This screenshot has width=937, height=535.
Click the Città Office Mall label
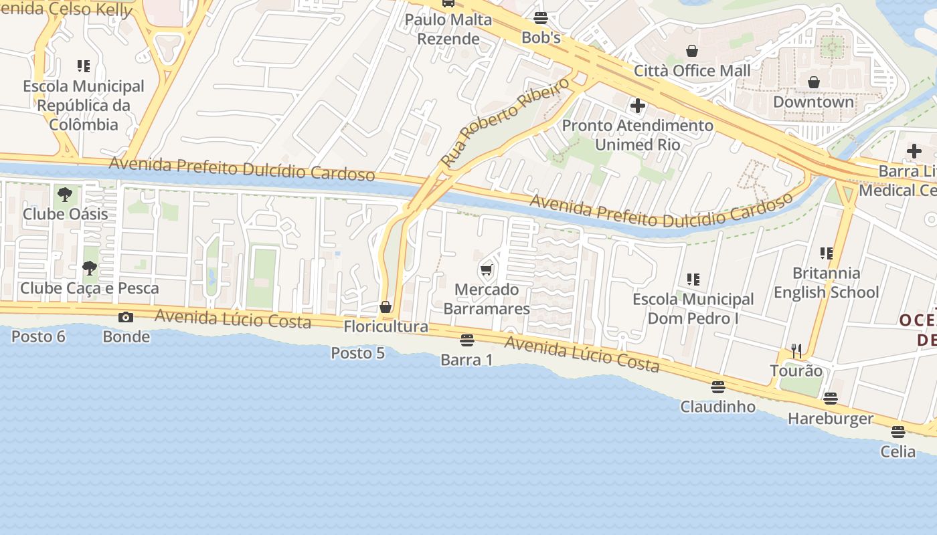(x=692, y=70)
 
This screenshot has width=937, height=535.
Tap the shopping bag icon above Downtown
(x=814, y=82)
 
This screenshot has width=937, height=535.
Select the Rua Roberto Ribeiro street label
(x=505, y=122)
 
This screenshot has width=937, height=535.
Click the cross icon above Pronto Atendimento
(x=638, y=106)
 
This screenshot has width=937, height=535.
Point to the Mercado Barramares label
(x=487, y=299)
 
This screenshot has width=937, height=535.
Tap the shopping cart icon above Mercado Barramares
(x=487, y=270)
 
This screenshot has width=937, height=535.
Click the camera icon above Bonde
(x=126, y=317)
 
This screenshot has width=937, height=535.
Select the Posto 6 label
(x=38, y=336)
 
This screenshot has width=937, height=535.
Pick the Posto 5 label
(x=358, y=352)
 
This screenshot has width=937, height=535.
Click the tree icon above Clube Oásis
(x=65, y=195)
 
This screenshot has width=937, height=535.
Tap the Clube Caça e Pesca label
(x=90, y=288)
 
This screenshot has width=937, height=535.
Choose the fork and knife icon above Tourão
(x=796, y=350)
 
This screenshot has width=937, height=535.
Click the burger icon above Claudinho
(x=718, y=387)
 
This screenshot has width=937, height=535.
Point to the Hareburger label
(x=831, y=419)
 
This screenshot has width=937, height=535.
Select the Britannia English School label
(x=827, y=282)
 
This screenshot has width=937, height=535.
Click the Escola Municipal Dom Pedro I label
(x=693, y=308)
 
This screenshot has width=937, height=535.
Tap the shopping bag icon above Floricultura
(x=386, y=307)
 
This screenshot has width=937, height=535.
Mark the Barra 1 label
(x=466, y=360)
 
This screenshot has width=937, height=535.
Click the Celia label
(x=898, y=451)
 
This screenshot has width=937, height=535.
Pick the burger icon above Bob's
(x=541, y=18)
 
